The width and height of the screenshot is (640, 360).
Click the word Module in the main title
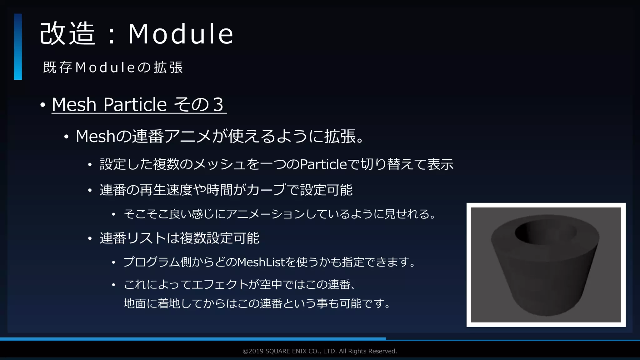(181, 34)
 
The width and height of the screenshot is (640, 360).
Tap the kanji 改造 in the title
(67, 34)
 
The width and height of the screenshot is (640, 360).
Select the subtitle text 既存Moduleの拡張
(113, 67)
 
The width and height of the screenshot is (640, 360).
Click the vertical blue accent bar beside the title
(18, 47)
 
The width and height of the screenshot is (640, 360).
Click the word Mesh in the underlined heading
(74, 104)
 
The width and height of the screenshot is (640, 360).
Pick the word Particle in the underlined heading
(135, 104)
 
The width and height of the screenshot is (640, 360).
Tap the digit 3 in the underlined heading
(218, 104)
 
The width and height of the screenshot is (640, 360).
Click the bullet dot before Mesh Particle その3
(43, 105)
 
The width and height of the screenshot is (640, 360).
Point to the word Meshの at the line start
(103, 137)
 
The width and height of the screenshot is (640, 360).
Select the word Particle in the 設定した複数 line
(323, 164)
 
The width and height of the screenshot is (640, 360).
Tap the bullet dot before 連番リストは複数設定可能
(90, 239)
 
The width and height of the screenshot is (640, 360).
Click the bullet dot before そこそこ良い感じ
(114, 215)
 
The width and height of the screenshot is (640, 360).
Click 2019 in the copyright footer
(256, 351)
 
